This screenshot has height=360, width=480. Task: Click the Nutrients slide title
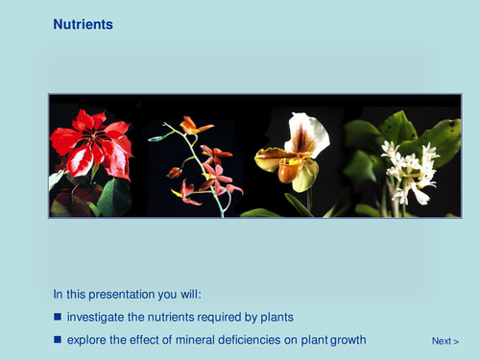pos(83,24)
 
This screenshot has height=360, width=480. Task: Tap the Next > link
pos(444,341)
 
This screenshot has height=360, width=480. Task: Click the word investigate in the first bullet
pos(100,317)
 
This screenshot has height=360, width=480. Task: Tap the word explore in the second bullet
pos(87,339)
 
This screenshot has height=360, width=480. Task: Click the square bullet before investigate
pos(57,317)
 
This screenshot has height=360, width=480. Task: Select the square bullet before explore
pos(57,339)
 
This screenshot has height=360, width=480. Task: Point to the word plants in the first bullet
pos(276,317)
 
